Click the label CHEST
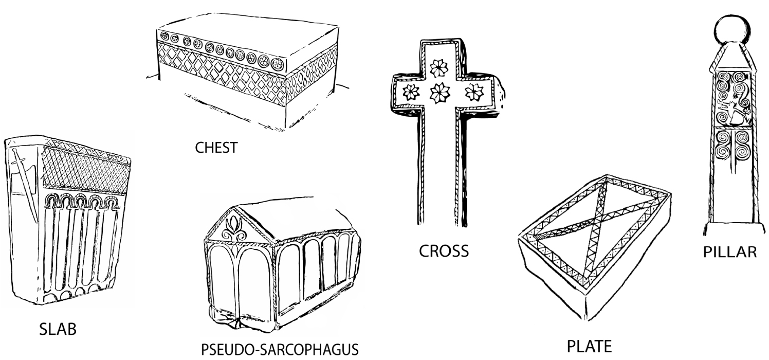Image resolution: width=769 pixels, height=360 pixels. [216, 148]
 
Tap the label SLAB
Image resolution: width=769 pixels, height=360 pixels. [58, 330]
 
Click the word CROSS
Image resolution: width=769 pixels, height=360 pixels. [444, 251]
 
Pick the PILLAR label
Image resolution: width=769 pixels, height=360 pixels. [730, 252]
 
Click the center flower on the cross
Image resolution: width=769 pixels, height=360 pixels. [440, 93]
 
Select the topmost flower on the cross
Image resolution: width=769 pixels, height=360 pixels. [440, 66]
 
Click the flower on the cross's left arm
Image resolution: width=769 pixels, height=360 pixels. [411, 93]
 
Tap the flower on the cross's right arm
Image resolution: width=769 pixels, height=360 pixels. [471, 93]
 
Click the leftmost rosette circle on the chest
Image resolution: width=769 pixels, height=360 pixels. [165, 36]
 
